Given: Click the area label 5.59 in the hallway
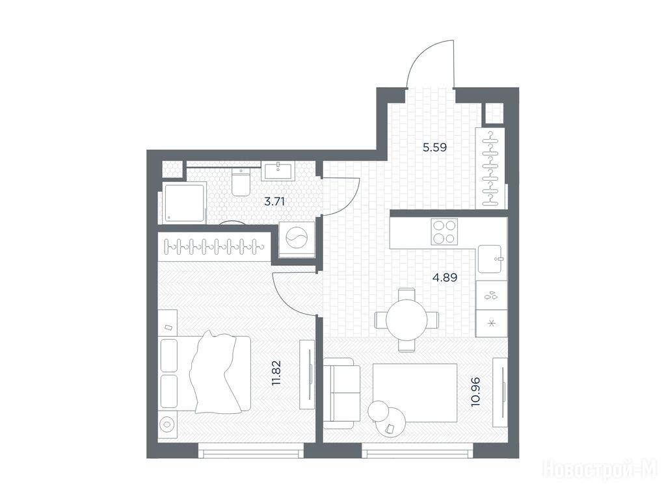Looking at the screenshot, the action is click(x=434, y=147).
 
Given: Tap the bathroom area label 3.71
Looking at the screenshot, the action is click(x=274, y=201).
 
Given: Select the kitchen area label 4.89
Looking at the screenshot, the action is click(x=445, y=277).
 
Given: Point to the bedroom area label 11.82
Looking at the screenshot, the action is click(x=276, y=373).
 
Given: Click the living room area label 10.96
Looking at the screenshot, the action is click(x=475, y=392).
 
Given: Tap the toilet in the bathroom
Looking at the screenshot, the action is click(x=241, y=182).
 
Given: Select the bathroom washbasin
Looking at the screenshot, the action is click(x=278, y=171).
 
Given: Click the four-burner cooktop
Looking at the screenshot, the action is click(x=444, y=232).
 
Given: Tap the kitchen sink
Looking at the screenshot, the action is click(x=492, y=259).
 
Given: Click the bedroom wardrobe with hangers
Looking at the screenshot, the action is click(x=214, y=246).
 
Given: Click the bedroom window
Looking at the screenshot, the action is click(x=251, y=451).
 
